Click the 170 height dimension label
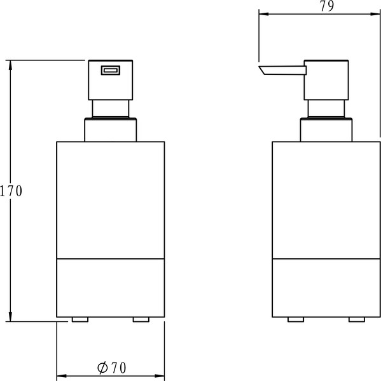(11, 190)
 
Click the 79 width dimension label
(327, 7)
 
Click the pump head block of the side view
(326, 80)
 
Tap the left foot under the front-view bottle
(80, 319)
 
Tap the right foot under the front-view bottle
(141, 319)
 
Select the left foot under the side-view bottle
(295, 319)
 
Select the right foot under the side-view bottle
(356, 319)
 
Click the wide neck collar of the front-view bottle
(111, 130)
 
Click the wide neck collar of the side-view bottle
(326, 130)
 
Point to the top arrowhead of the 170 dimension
(11, 64)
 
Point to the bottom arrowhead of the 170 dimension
(11, 317)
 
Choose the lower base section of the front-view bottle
(111, 287)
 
